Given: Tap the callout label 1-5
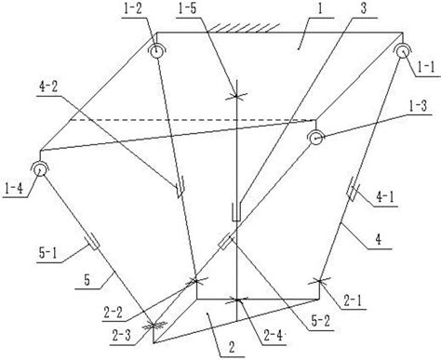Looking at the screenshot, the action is (x=187, y=8).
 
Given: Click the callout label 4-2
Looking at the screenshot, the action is (x=48, y=87).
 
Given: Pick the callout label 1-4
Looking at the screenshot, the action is (x=14, y=188).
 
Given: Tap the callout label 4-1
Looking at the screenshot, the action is (x=385, y=197).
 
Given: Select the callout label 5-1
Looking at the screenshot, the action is (x=48, y=254).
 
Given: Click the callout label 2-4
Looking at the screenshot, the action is (x=273, y=336).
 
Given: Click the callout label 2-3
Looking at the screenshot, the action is (x=121, y=336).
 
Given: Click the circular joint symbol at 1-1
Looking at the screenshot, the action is (x=402, y=51).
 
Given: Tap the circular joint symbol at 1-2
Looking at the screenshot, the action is (x=156, y=50).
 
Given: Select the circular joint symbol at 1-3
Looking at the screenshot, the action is (x=315, y=138).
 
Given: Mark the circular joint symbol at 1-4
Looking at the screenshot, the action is (x=40, y=168).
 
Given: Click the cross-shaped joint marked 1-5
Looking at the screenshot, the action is (x=236, y=96).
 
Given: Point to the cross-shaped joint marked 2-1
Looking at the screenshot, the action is (x=319, y=281).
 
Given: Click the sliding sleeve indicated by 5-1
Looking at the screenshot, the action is (x=92, y=242).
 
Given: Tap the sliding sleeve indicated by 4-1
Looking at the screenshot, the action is (x=353, y=189).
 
